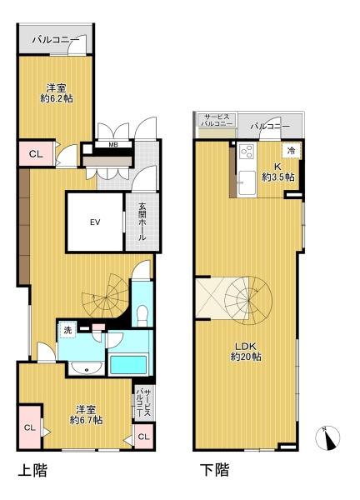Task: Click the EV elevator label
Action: [95, 222]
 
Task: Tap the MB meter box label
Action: [113, 144]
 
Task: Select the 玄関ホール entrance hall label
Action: [142, 222]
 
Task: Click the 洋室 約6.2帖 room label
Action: [57, 93]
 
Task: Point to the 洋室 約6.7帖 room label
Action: [86, 414]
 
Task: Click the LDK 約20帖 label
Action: [246, 352]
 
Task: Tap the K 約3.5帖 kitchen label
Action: [277, 172]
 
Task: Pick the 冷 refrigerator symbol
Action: [291, 151]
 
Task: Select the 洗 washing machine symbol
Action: [67, 330]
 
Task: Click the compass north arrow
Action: [327, 438]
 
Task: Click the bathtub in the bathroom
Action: [128, 366]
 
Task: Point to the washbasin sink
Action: [87, 368]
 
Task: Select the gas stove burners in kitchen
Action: [247, 152]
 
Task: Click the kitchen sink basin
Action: [247, 182]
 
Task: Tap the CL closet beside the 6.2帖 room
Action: [36, 154]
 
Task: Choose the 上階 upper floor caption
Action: [32, 471]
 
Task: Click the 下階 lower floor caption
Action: [214, 470]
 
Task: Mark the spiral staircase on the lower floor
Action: [248, 300]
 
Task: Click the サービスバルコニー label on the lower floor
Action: [217, 120]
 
